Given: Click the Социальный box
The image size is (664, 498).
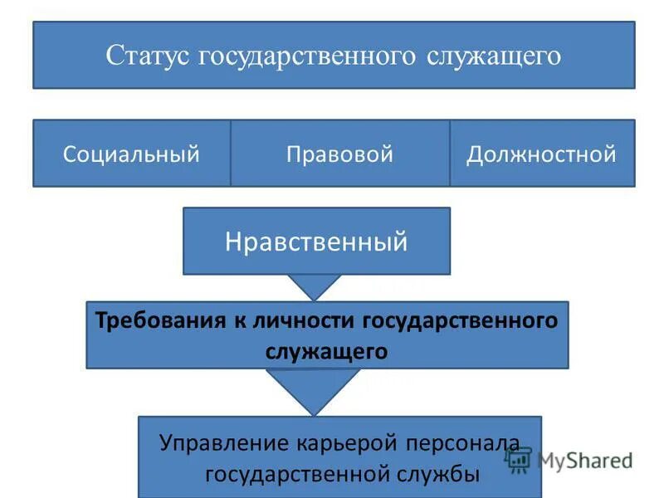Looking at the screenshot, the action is coord(131,154).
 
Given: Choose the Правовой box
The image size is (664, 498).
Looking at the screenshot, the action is coord(339,154).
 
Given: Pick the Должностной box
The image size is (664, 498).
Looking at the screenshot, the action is coord(541,154).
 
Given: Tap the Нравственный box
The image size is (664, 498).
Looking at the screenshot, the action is coord(316,242).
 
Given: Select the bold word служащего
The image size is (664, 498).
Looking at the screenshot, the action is coord(327,350).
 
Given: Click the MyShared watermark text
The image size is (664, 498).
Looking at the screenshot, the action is coord(584,460).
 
